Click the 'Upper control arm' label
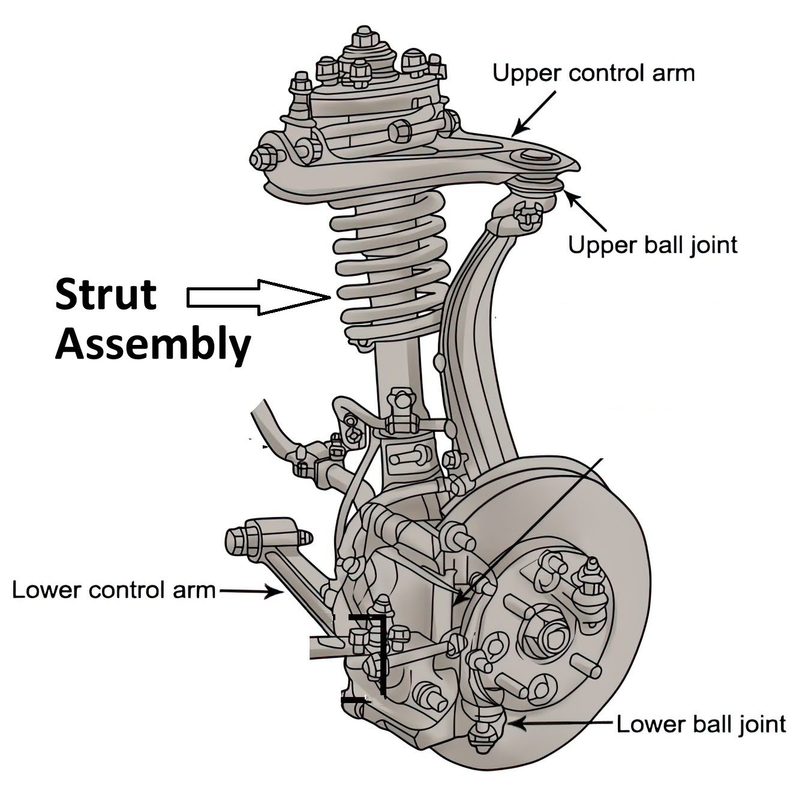[593, 73]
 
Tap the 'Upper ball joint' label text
[653, 245]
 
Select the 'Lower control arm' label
[114, 590]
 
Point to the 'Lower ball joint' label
[701, 724]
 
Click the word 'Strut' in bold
[106, 295]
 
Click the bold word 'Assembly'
[153, 346]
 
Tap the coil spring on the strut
[390, 270]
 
